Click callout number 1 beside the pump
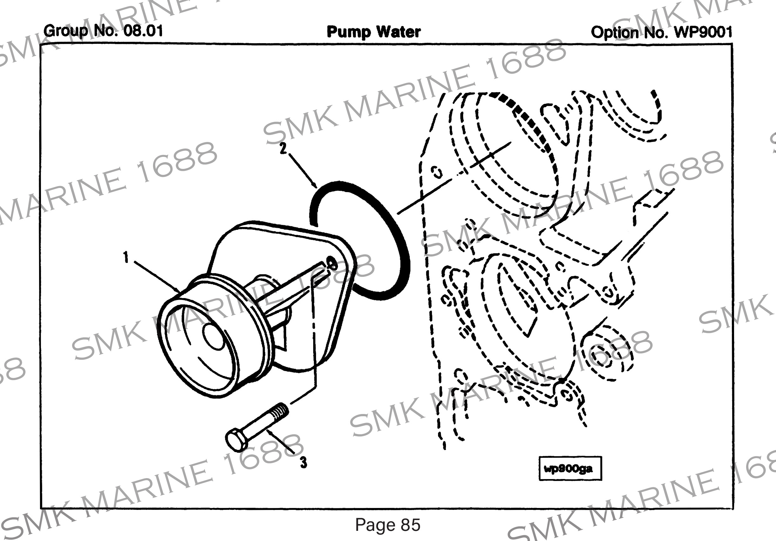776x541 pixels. (126, 257)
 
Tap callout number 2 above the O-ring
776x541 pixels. (283, 148)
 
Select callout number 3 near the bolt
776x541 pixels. (303, 462)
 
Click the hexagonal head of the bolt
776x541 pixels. (236, 441)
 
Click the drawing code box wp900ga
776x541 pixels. (570, 468)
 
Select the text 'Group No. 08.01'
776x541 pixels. (103, 31)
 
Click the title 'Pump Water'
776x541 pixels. (374, 32)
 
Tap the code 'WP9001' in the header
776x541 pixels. (703, 32)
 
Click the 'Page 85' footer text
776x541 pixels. (388, 525)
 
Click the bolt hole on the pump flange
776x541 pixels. (331, 263)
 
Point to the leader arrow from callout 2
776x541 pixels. (302, 169)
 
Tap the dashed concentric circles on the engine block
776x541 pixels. (605, 353)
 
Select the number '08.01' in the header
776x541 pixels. (143, 31)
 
